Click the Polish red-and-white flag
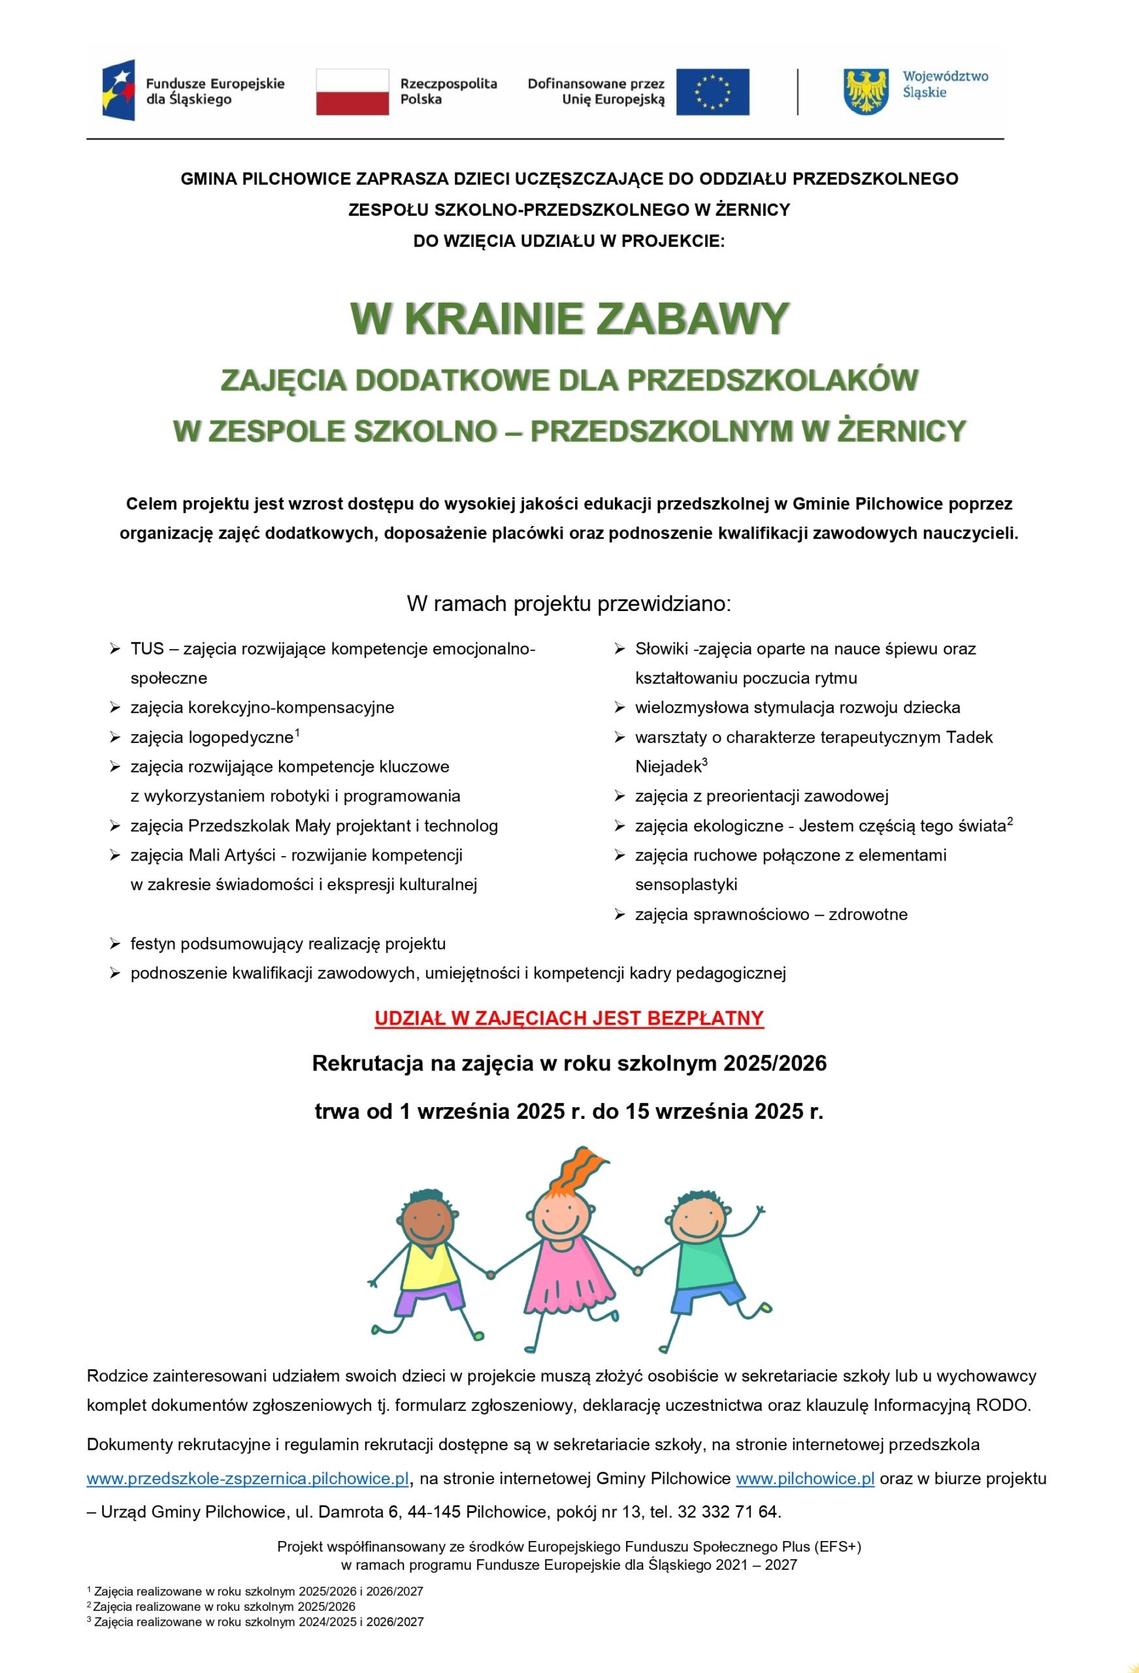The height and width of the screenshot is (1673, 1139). click(x=352, y=92)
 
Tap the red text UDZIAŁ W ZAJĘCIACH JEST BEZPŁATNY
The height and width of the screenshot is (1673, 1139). click(x=569, y=1018)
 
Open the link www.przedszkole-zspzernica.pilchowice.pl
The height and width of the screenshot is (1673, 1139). click(x=248, y=1479)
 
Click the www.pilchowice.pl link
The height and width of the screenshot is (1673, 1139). click(x=804, y=1479)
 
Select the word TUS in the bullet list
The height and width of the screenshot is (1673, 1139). click(x=147, y=648)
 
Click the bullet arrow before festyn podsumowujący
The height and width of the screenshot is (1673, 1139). click(x=114, y=944)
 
